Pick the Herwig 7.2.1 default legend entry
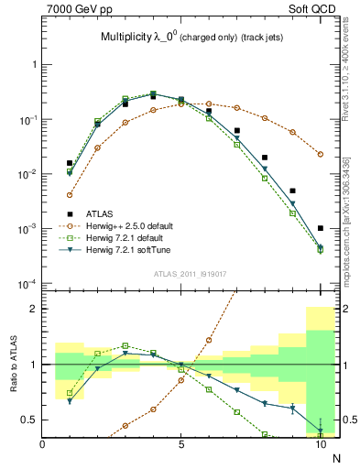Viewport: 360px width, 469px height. [127, 237]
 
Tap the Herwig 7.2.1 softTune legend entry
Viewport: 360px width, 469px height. [129, 249]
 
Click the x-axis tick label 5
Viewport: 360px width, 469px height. [181, 444]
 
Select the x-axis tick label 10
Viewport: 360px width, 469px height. [321, 444]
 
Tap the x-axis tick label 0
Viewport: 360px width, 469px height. [43, 444]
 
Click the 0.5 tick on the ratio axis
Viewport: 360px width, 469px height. [29, 420]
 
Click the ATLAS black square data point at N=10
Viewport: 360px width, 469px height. [321, 228]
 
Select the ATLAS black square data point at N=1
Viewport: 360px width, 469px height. [70, 163]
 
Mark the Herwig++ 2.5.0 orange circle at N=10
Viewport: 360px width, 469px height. [321, 154]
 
